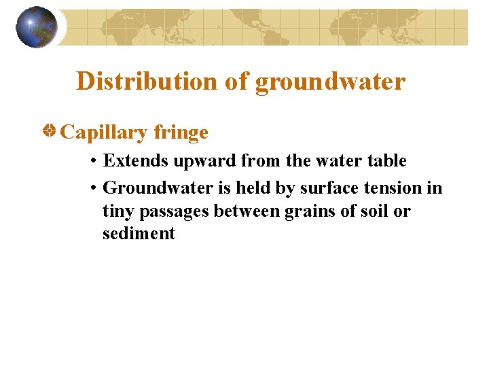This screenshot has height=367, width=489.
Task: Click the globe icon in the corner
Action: (37, 27)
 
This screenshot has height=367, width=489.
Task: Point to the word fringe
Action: (181, 133)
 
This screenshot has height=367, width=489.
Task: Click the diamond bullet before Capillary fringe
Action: (50, 130)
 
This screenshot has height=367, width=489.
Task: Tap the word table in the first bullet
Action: (386, 161)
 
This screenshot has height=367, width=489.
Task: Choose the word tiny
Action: (118, 211)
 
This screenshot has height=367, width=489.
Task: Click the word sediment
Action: (139, 234)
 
